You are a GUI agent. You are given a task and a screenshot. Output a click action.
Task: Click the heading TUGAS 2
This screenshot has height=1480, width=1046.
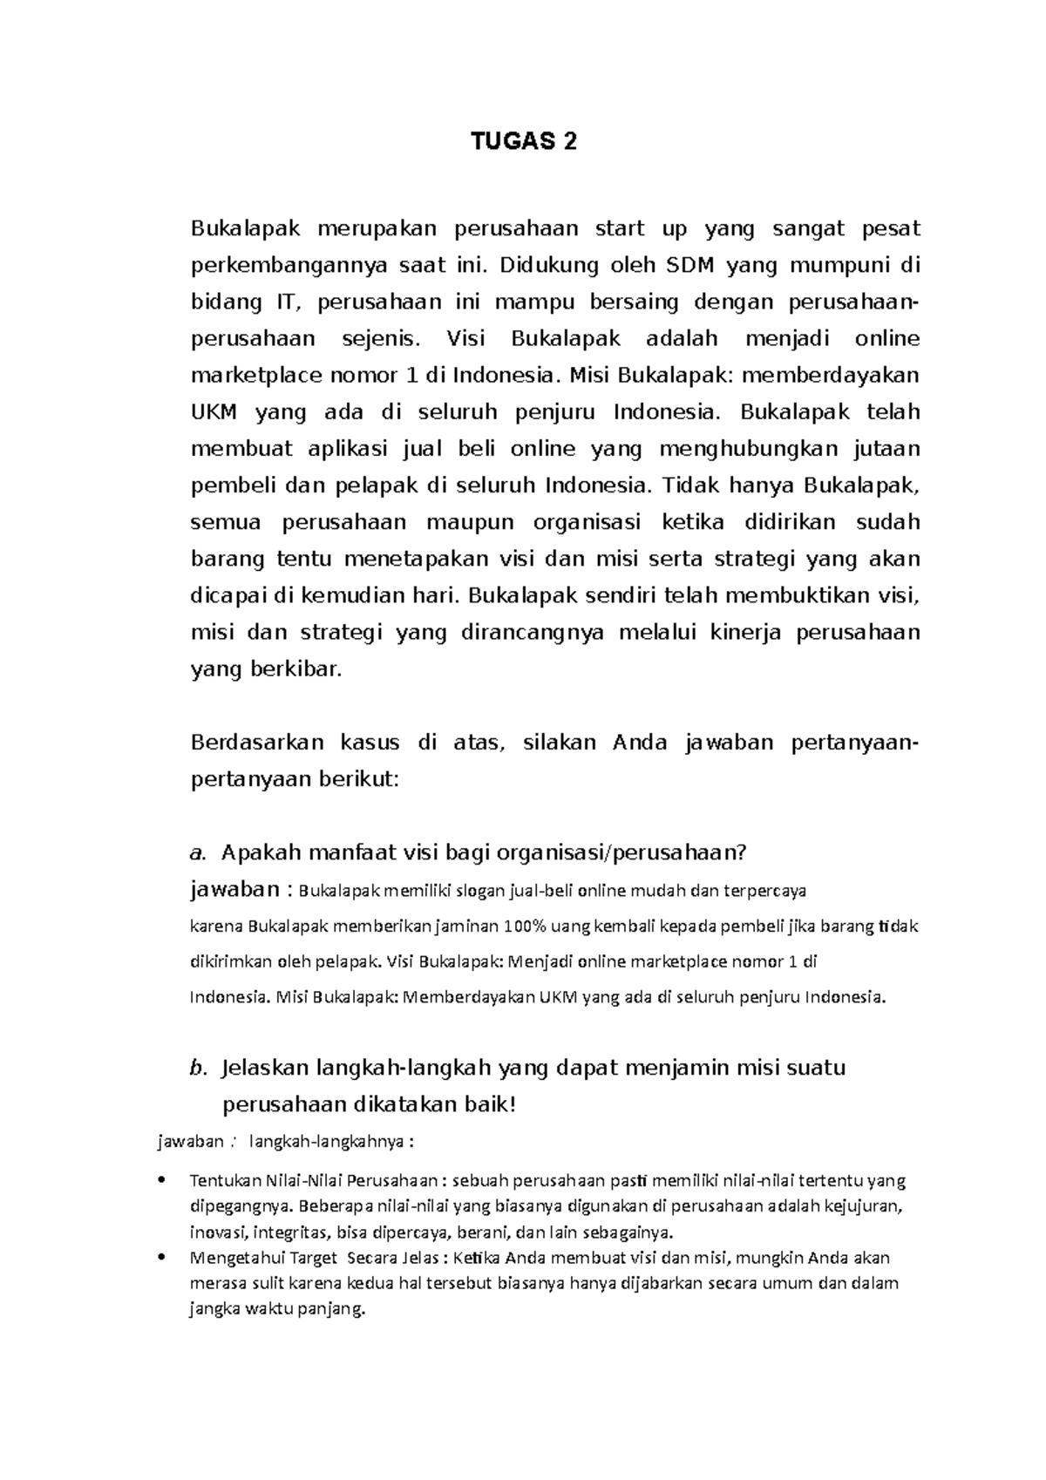pyautogui.click(x=524, y=141)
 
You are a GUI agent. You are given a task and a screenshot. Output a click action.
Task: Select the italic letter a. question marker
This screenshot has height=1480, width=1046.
pyautogui.click(x=197, y=852)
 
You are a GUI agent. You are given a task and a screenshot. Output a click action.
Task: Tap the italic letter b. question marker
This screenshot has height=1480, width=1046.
pyautogui.click(x=198, y=1069)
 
